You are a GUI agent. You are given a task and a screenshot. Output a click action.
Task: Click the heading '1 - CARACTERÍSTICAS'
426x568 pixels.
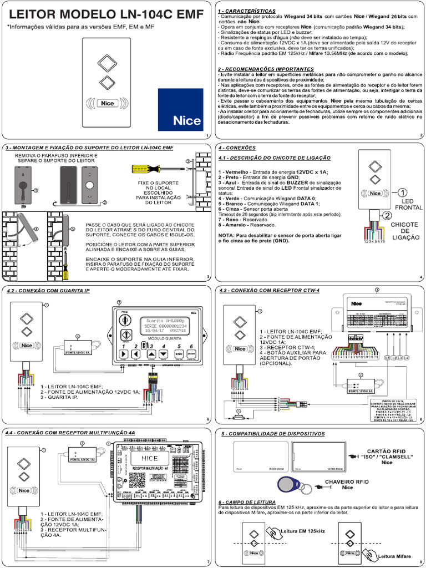click(x=246, y=11)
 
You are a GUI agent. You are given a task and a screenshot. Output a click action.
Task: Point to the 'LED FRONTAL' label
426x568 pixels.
click(x=409, y=204)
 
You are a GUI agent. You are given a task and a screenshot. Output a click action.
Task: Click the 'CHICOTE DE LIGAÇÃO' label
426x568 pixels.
click(x=404, y=232)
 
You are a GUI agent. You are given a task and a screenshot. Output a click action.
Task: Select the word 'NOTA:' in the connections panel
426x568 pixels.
click(x=227, y=236)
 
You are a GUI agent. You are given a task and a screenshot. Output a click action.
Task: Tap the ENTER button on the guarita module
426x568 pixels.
click(x=190, y=353)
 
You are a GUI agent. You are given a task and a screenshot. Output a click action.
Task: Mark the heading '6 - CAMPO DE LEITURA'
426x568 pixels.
click(x=248, y=501)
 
